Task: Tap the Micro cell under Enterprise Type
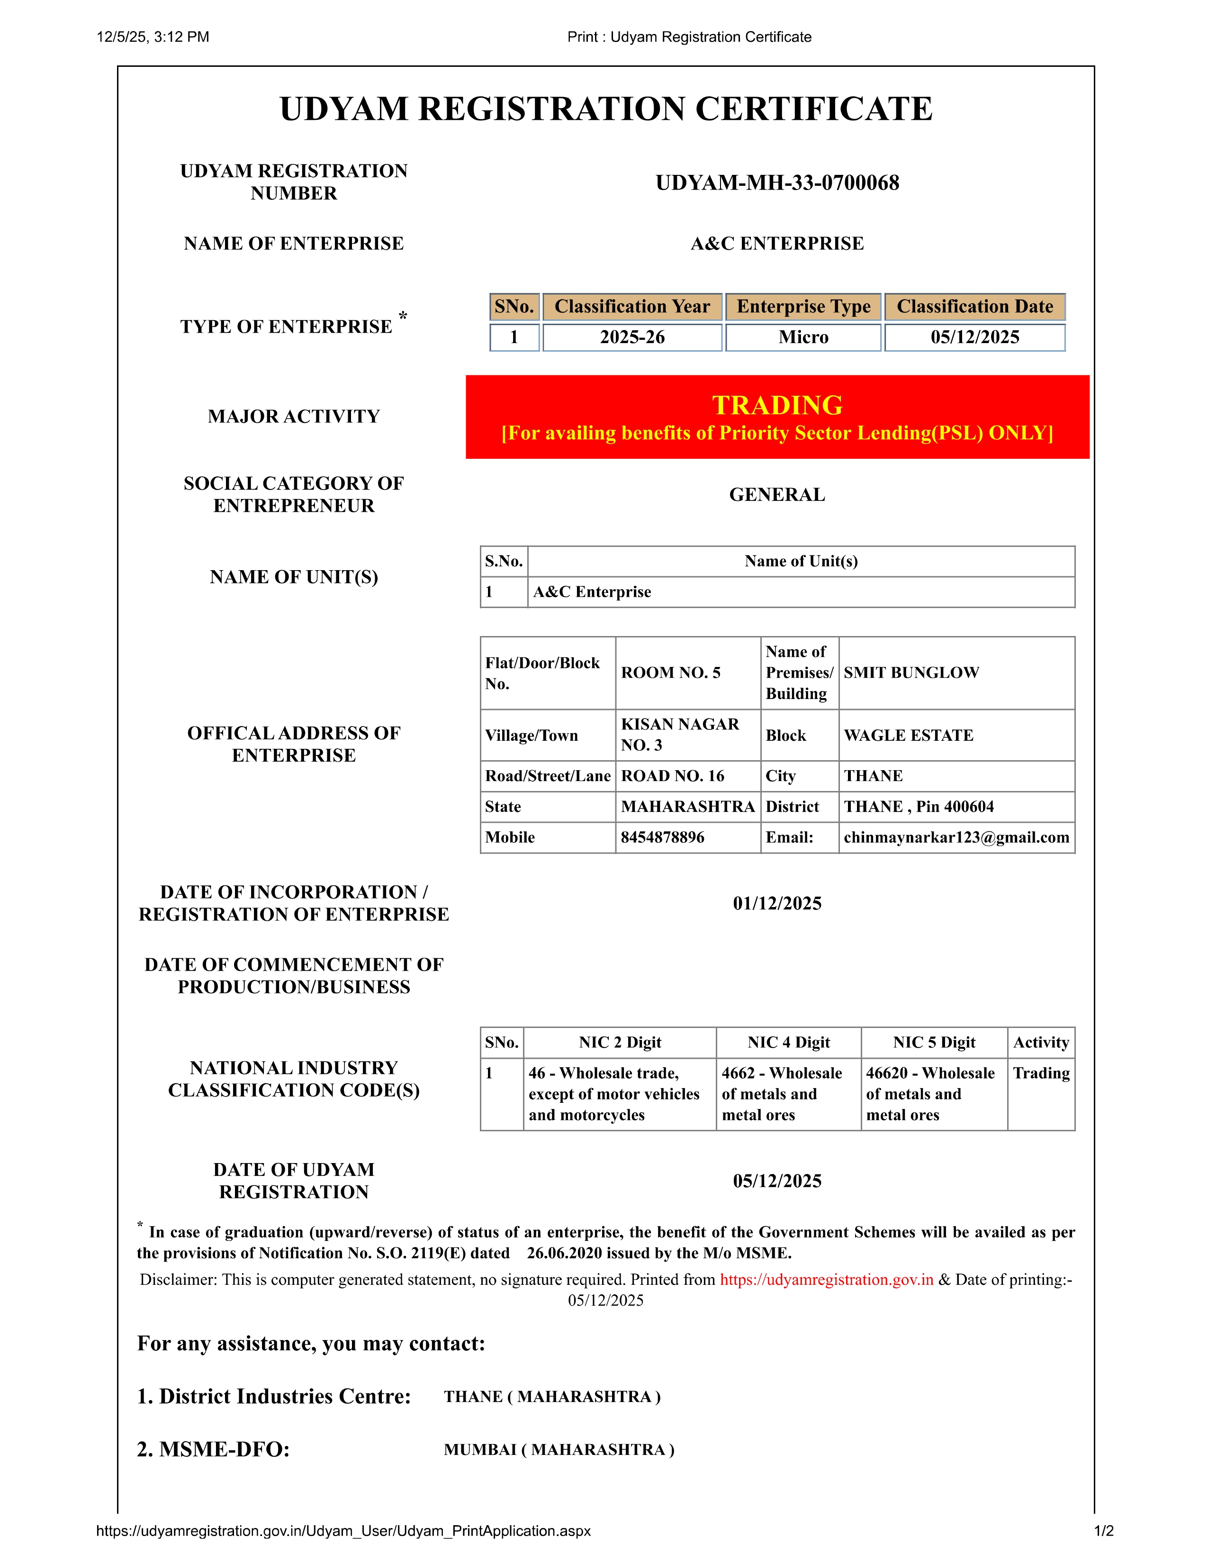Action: (803, 337)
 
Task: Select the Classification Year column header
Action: (632, 307)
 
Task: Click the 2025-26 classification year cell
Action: (632, 337)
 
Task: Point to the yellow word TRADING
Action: (777, 405)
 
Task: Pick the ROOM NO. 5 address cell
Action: (670, 673)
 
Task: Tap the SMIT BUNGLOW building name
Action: (911, 673)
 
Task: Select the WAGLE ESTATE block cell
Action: (908, 736)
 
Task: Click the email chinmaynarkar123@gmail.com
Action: (956, 837)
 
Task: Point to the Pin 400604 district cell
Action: (919, 806)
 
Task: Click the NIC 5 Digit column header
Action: (934, 1043)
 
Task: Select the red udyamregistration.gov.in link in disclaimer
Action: (827, 1280)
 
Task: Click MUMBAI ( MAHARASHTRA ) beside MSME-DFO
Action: (559, 1449)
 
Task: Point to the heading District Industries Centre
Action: (274, 1396)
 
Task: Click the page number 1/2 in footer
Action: (1103, 1531)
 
